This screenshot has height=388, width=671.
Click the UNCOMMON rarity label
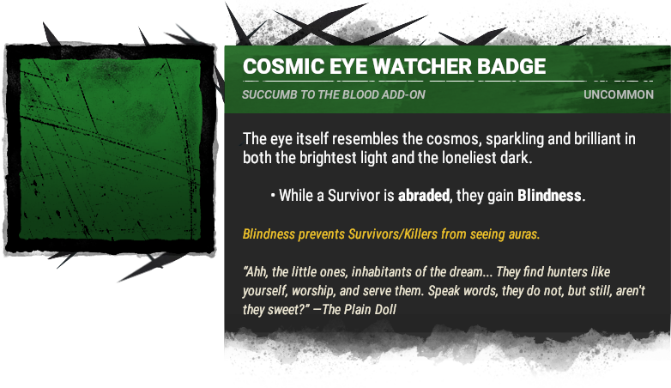pos(619,94)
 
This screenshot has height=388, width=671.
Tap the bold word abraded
pos(424,196)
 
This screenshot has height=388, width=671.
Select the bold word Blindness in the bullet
pos(549,196)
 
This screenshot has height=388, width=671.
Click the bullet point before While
pos(273,196)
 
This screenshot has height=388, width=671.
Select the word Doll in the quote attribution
pos(386,309)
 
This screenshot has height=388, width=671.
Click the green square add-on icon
pos(110,149)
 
